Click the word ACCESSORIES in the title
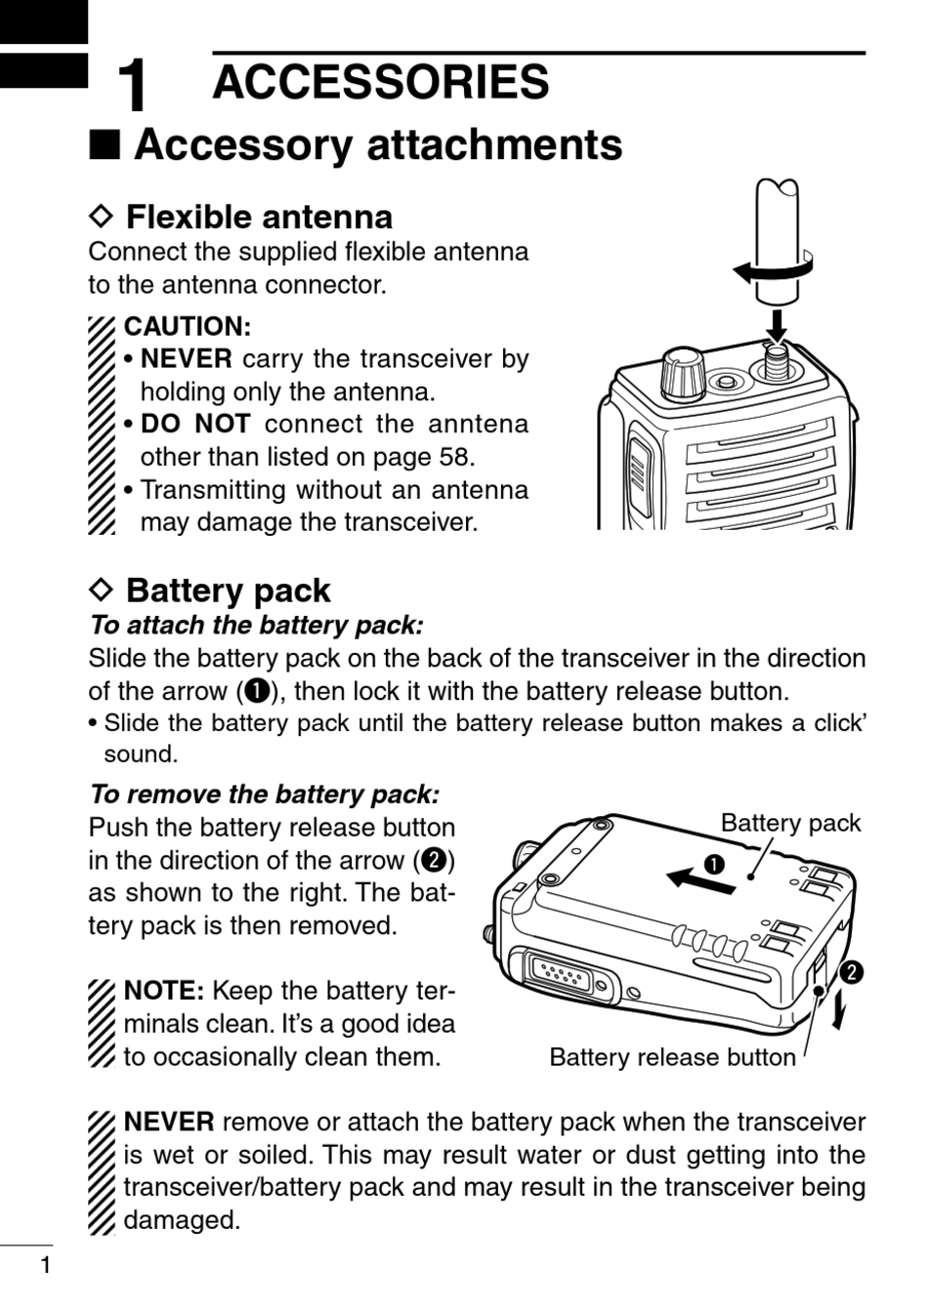380,82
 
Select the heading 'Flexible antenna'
259,216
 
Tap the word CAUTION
187,326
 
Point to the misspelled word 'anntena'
479,425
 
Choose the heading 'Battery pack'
228,591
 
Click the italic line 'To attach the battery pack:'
256,625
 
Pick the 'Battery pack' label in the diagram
790,823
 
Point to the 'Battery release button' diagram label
672,1057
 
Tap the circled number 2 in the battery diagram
852,971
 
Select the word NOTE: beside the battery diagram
163,992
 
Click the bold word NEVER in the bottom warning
169,1123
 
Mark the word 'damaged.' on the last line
182,1220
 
